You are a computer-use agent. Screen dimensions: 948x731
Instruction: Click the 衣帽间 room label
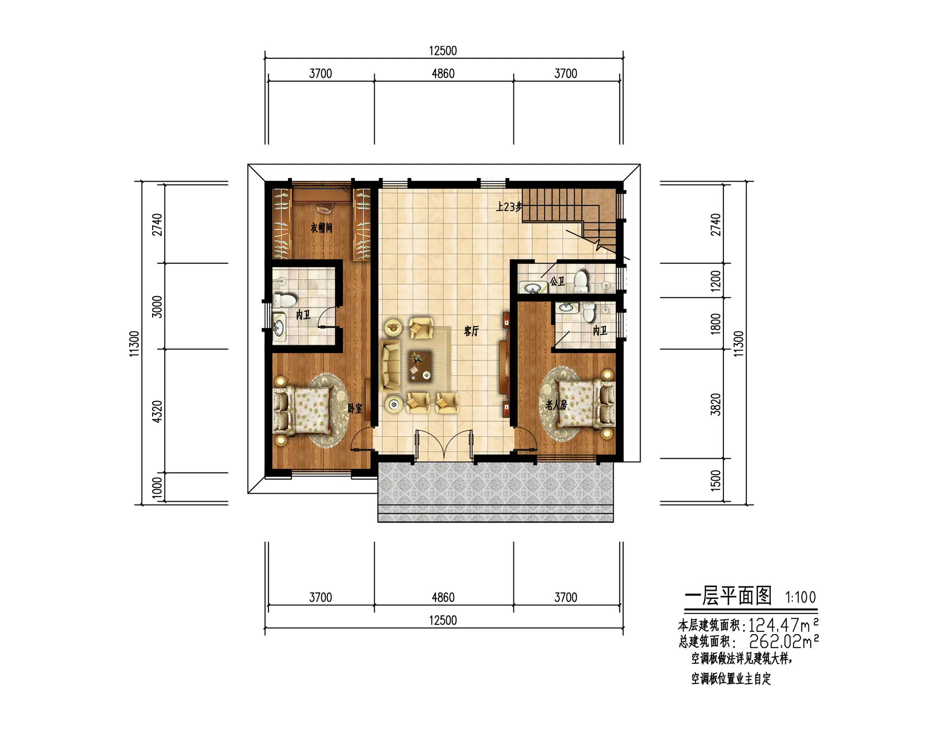(x=321, y=228)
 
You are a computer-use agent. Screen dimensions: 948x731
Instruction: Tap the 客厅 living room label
(x=471, y=331)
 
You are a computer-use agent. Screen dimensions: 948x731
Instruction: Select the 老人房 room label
(x=556, y=405)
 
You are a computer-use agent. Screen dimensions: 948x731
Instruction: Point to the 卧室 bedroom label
(x=355, y=408)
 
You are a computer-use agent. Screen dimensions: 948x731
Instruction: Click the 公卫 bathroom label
(x=557, y=282)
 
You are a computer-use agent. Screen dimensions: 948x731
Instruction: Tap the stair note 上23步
(x=509, y=206)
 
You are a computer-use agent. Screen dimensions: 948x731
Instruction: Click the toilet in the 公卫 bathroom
(x=581, y=282)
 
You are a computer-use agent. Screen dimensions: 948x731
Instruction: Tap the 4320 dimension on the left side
(x=157, y=411)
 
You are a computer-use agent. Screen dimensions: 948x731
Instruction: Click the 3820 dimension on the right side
(x=716, y=404)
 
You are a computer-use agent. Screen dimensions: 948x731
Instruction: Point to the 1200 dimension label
(x=716, y=281)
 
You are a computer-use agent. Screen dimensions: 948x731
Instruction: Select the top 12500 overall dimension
(x=443, y=51)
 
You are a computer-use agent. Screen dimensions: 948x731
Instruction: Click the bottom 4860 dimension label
(x=443, y=597)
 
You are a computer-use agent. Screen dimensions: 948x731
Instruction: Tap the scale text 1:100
(x=801, y=597)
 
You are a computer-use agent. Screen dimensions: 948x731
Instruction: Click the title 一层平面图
(x=728, y=596)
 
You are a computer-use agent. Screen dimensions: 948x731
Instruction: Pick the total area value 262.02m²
(x=784, y=641)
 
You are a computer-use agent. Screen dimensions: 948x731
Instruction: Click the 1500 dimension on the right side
(x=716, y=480)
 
